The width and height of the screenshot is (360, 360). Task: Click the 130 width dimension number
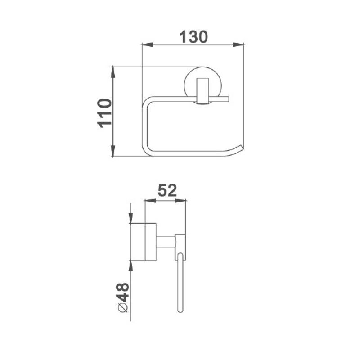point(193,36)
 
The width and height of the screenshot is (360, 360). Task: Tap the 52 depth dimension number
point(166,191)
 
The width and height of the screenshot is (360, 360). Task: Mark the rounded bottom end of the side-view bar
point(180,310)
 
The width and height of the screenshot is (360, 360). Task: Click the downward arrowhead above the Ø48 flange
point(130,218)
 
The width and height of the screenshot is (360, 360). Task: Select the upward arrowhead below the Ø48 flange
point(130,266)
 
